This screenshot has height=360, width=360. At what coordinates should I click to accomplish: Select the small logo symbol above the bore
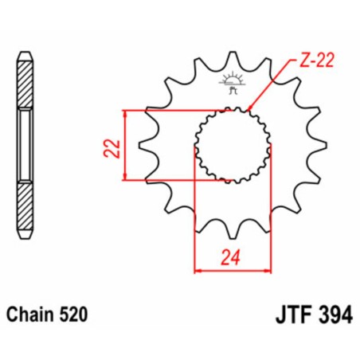coord(232,84)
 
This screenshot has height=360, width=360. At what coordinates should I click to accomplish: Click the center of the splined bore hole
coord(231,145)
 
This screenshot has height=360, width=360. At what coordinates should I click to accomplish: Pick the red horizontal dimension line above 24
coord(231,271)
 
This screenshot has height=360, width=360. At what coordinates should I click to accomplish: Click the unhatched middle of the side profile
coord(25,147)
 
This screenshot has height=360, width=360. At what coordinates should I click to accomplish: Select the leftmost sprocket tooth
coord(146,146)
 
